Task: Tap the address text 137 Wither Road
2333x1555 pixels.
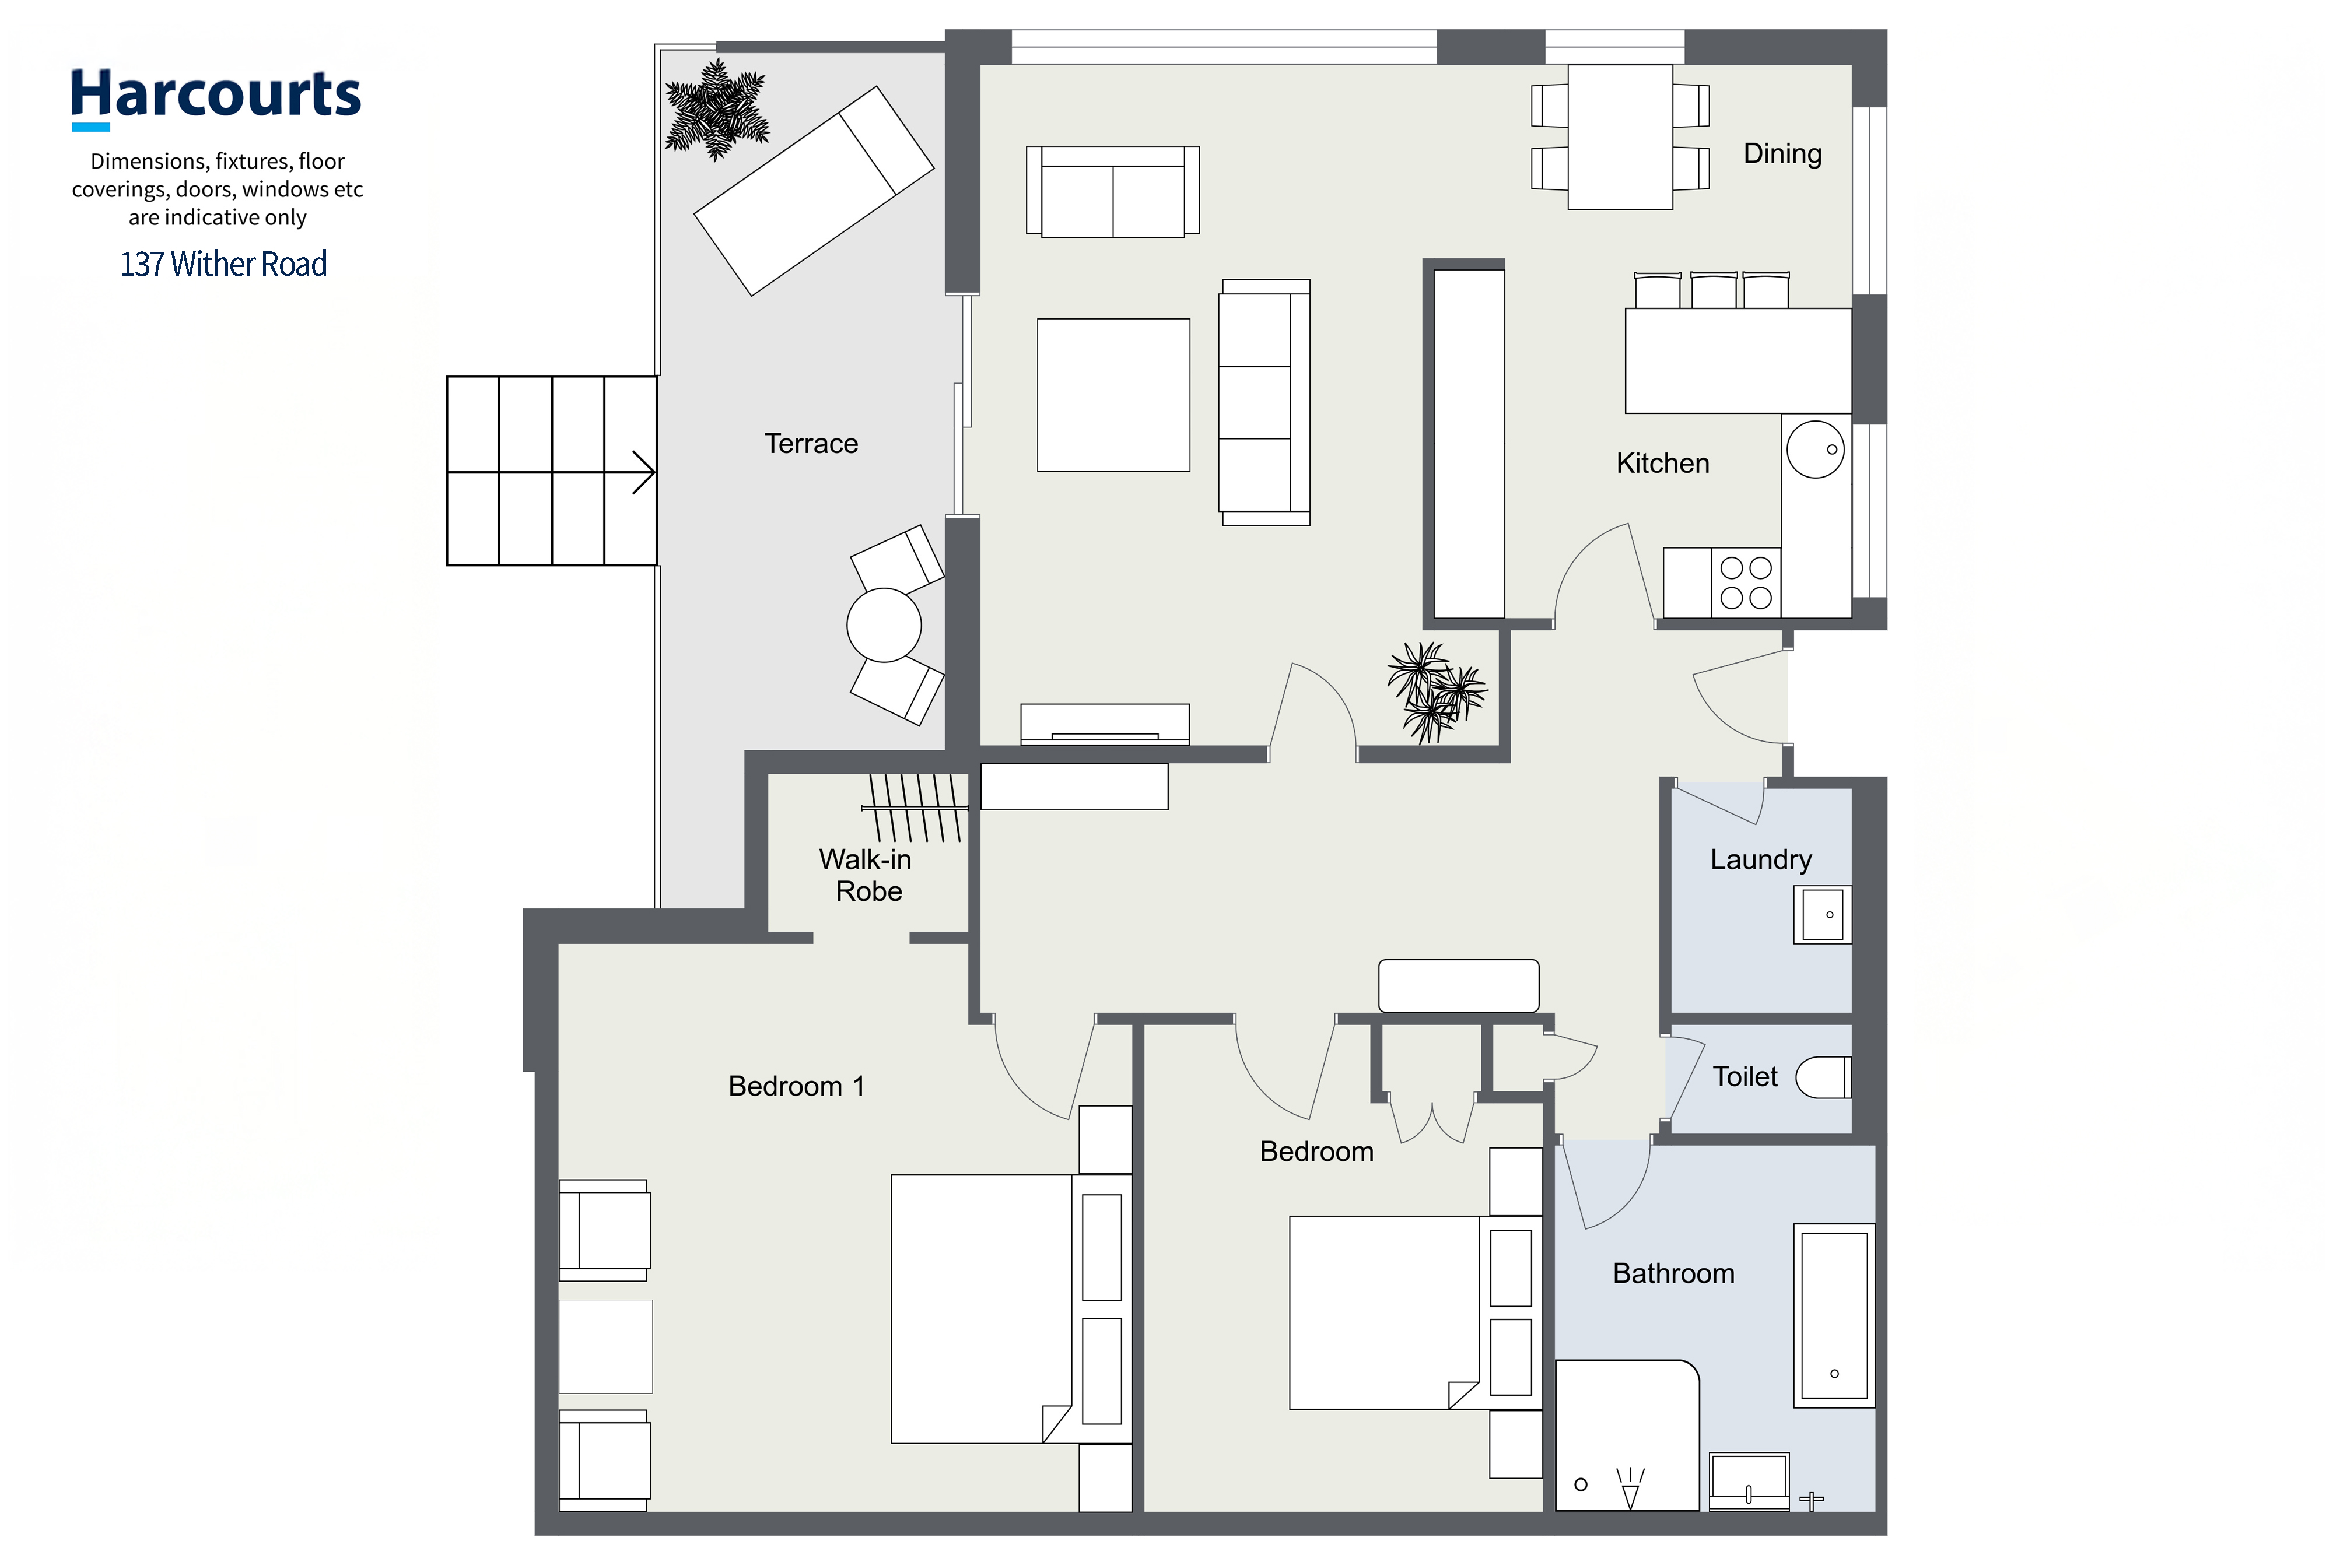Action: (223, 264)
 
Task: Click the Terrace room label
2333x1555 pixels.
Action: (810, 443)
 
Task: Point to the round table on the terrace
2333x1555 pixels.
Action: (884, 625)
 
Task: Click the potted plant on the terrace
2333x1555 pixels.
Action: (716, 109)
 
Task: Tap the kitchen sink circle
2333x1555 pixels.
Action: (1815, 450)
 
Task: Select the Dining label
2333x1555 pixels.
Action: (1782, 154)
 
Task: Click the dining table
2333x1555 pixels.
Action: (1620, 137)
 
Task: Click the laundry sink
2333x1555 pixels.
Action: (1822, 914)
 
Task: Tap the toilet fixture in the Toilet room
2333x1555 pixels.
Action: (1823, 1077)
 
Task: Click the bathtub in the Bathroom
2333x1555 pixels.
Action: (1834, 1315)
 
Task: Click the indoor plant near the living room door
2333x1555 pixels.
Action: (1435, 691)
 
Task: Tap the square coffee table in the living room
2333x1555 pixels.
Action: (1113, 395)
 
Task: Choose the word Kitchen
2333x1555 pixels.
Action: (1662, 463)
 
